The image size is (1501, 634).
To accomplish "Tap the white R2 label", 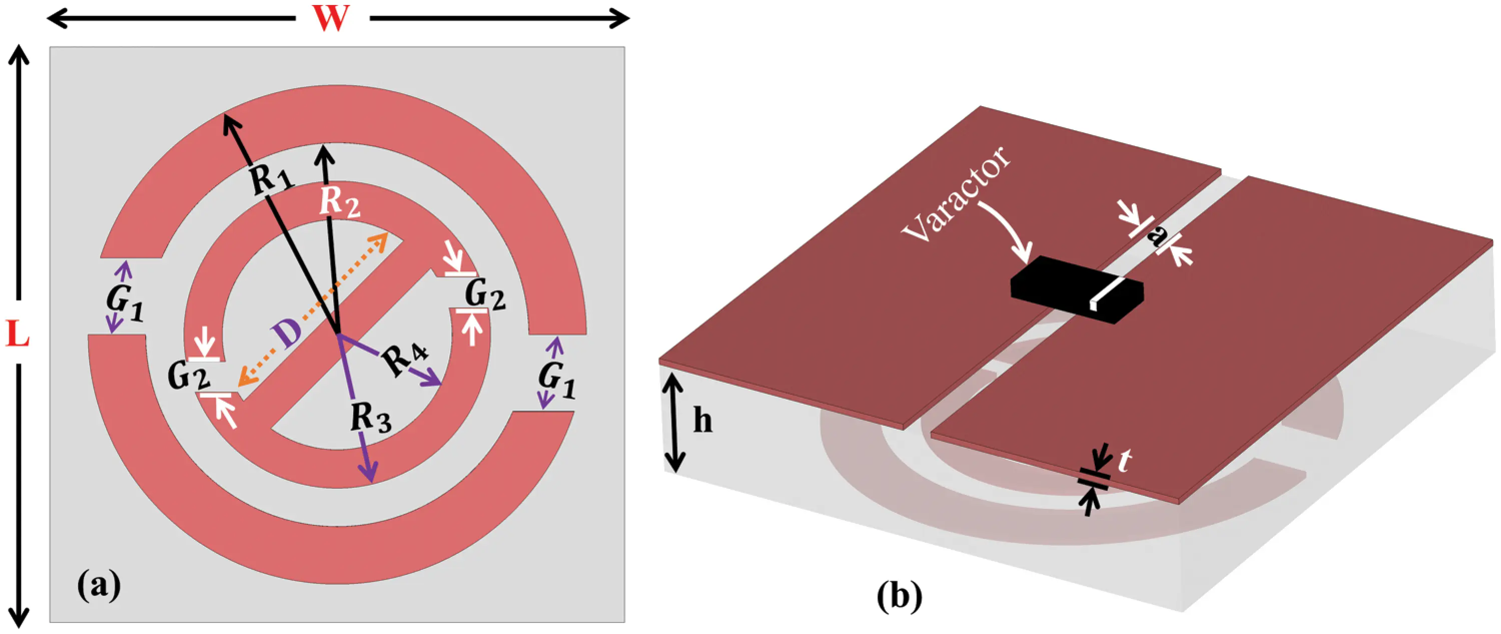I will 340,202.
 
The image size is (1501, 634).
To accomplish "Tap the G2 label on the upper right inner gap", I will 485,294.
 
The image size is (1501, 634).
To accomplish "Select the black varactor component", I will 1076,289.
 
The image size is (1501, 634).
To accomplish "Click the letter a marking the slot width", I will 1156,236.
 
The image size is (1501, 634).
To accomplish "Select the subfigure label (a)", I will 99,584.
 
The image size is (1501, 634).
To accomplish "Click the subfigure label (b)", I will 900,596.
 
